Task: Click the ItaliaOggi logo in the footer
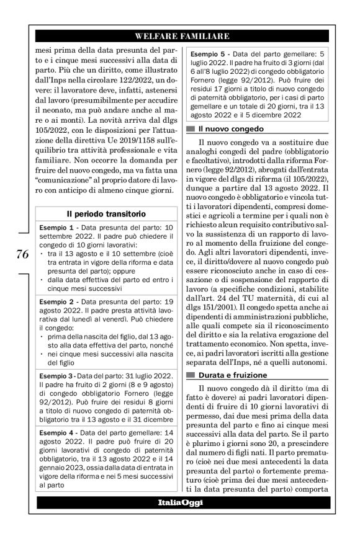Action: tap(179, 501)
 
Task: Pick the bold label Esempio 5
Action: tap(209, 55)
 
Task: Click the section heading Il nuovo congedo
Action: tap(230, 129)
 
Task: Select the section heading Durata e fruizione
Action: tap(233, 375)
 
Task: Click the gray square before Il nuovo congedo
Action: tap(190, 129)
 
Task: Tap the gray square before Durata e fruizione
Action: tap(190, 375)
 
